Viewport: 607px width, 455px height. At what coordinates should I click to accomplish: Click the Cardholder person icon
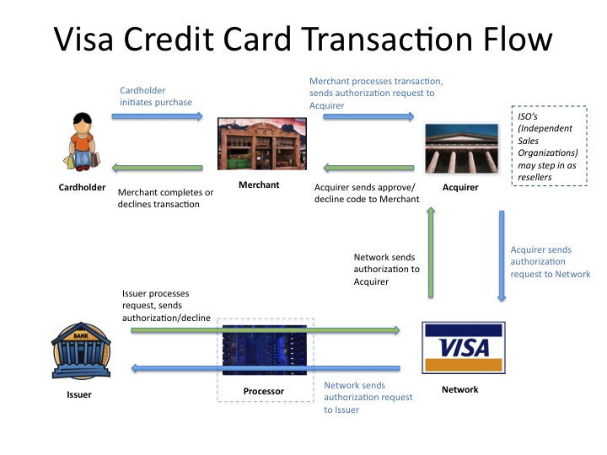coord(82,142)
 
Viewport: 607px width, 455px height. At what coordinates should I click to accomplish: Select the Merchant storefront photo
coord(262,143)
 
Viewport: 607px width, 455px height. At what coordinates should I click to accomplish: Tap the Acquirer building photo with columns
coord(461,148)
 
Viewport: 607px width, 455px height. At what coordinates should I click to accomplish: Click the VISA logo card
coord(464,347)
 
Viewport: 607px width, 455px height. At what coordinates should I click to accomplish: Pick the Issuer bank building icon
coord(81,351)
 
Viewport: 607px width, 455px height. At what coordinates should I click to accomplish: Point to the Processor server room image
coord(265,351)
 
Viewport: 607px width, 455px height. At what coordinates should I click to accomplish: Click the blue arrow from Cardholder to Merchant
coord(157,116)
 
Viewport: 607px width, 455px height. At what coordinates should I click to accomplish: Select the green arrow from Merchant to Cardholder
coord(157,168)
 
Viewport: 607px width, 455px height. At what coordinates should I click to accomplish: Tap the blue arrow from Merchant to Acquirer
coord(368,116)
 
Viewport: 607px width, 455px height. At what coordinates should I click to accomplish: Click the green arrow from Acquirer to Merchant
coord(368,168)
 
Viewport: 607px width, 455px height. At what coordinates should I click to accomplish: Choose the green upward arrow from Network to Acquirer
coord(431,252)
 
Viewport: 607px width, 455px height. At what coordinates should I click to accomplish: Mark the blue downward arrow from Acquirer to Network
coord(502,256)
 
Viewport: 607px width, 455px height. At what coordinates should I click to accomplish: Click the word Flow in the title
coord(518,39)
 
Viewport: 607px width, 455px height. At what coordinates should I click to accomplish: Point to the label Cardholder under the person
coord(82,187)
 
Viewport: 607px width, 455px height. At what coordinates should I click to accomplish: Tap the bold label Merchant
coord(259,185)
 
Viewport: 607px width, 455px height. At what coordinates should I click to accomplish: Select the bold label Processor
coord(263,391)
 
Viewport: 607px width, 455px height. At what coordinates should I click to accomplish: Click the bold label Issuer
coord(79,394)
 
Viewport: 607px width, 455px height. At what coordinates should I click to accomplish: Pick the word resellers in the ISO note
coord(534,177)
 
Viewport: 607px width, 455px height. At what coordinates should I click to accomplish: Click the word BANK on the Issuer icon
coord(81,336)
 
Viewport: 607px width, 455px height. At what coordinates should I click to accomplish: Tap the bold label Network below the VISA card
coord(460,389)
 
